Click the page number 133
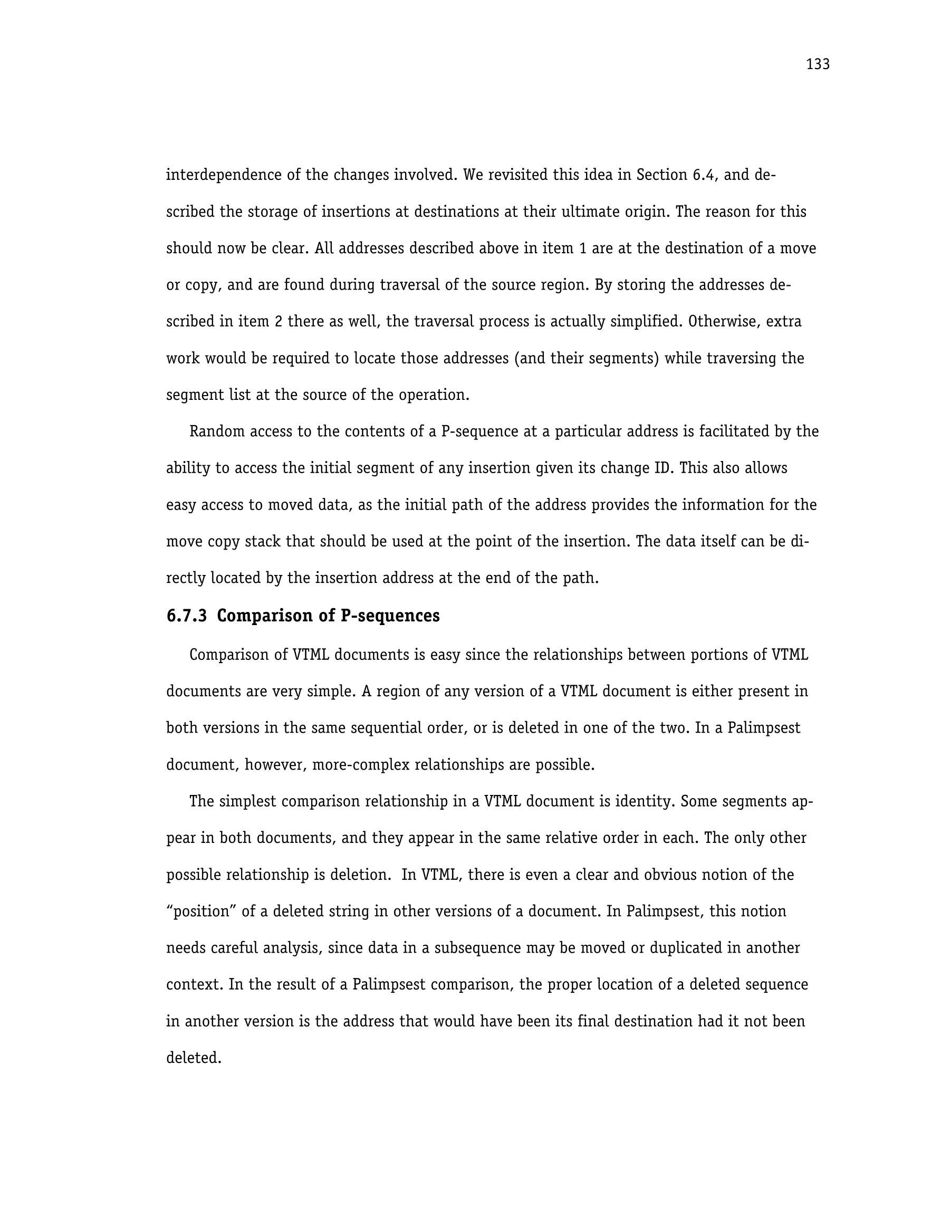817,65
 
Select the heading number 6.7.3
186,616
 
